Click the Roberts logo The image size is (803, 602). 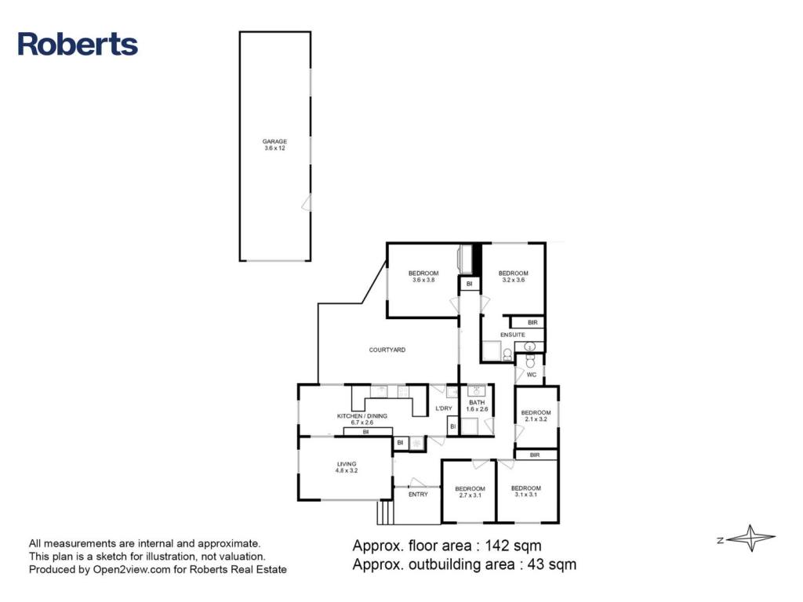(x=78, y=44)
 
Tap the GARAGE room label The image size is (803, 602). (x=274, y=141)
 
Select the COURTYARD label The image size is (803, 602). (x=387, y=350)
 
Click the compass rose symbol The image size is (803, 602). (x=750, y=538)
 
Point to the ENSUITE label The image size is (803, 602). (x=513, y=335)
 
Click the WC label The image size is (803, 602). (x=532, y=375)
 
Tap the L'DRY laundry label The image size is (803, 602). (x=444, y=408)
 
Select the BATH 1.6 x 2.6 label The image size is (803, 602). (x=477, y=406)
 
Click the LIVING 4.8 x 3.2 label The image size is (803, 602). (x=347, y=467)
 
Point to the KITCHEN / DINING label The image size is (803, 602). (x=362, y=416)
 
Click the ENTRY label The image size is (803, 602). (x=418, y=495)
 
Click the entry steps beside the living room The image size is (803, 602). (x=385, y=513)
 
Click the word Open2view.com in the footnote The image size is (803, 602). (x=132, y=570)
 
